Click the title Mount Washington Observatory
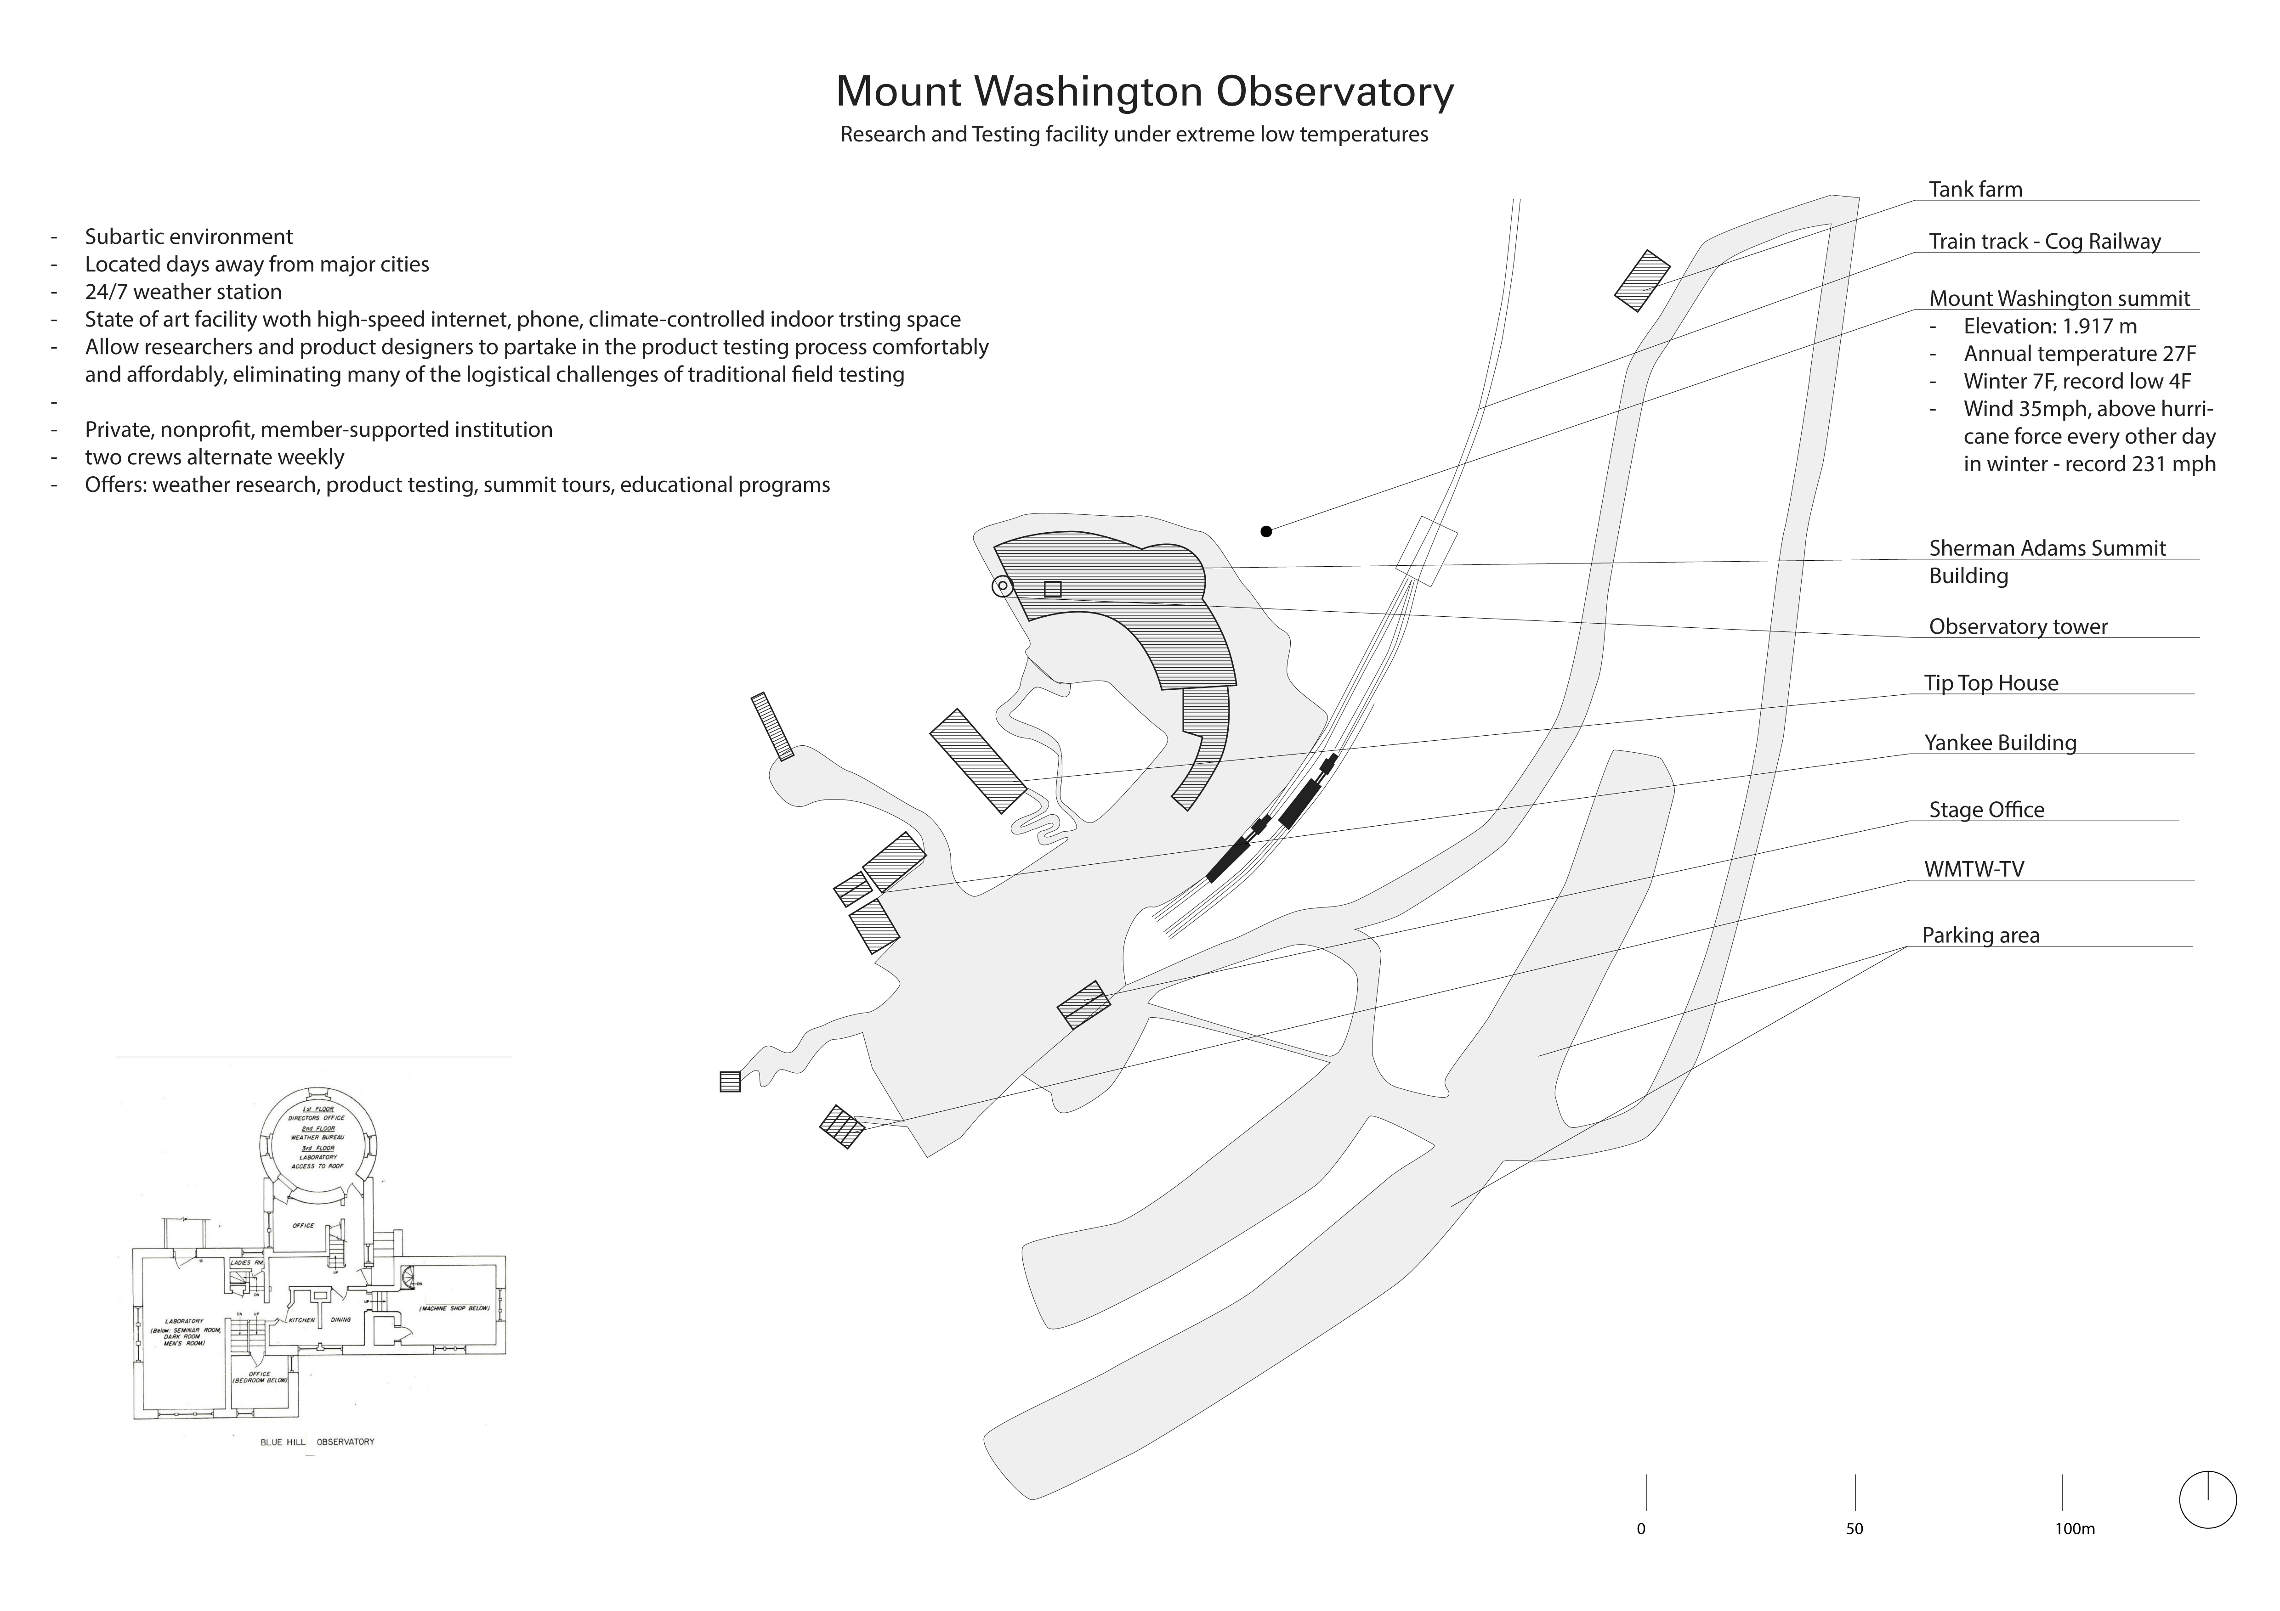(1144, 91)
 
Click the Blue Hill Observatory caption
(317, 1441)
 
